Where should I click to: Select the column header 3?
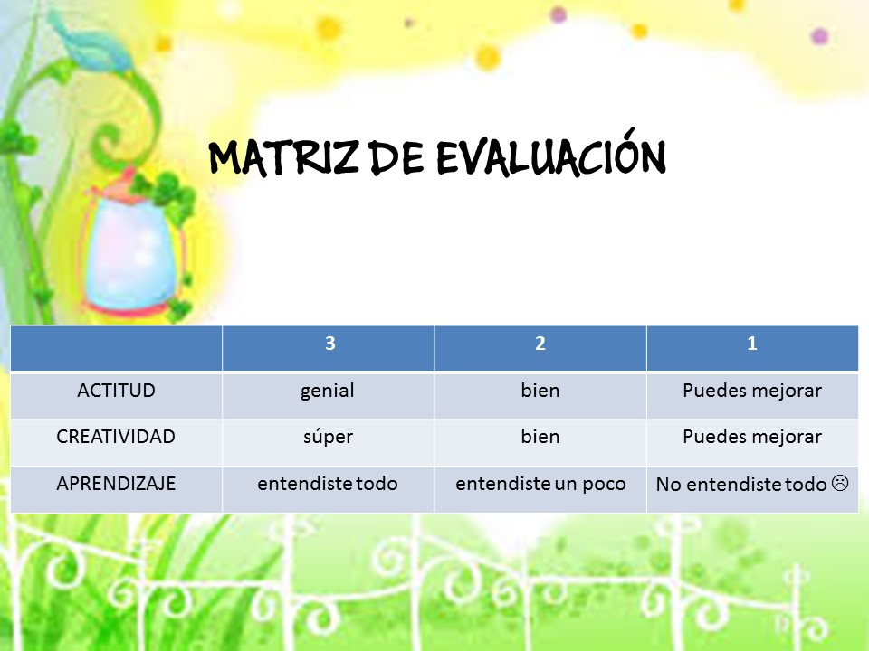330,344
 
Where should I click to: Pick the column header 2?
540,344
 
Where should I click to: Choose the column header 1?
752,344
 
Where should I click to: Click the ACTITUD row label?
117,391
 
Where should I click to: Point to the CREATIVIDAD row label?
116,436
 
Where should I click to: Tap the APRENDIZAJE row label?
116,483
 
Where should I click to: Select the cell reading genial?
328,392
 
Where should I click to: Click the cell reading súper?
328,438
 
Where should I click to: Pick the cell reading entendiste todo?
328,483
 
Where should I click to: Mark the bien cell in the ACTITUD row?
540,391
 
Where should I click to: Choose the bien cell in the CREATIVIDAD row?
540,436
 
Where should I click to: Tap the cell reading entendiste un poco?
540,484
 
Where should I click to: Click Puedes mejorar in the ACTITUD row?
752,391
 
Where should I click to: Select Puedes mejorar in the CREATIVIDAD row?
752,437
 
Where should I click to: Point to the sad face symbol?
840,483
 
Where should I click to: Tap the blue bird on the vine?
91,42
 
